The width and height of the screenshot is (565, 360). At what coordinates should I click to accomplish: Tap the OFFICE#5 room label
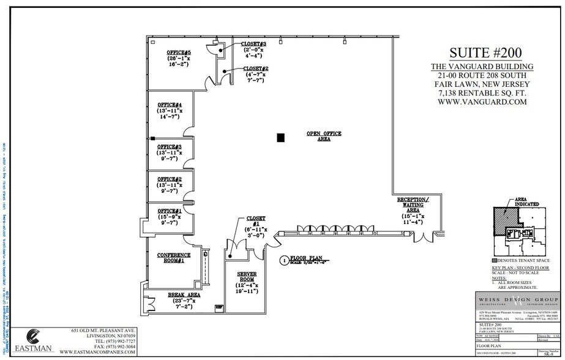pos(179,53)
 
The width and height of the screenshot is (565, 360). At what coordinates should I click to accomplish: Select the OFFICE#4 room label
pos(170,105)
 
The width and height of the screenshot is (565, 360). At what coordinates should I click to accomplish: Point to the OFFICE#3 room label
pos(170,147)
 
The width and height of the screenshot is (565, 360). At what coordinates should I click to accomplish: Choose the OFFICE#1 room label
pos(170,211)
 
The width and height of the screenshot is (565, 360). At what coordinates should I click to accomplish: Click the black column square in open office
pos(280,138)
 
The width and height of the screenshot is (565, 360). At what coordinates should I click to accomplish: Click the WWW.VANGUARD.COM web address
pos(482,103)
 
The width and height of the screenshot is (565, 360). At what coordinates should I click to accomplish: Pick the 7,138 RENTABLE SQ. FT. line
pos(482,93)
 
